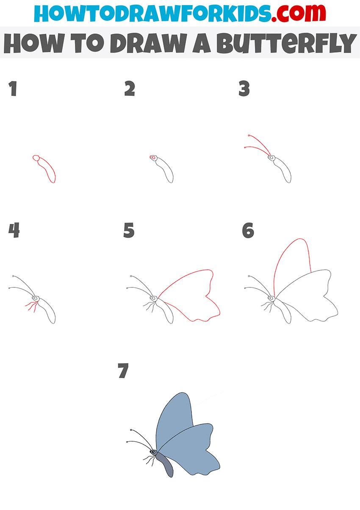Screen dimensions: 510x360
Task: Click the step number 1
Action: (14, 89)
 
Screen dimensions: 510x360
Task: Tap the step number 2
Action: (129, 89)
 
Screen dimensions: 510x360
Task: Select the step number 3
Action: (244, 89)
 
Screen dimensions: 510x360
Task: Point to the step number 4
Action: (14, 231)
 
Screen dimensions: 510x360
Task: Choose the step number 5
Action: (129, 231)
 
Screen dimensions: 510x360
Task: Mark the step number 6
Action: (248, 231)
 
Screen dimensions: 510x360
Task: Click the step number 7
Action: (123, 371)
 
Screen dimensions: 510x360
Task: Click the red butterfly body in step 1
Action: (47, 170)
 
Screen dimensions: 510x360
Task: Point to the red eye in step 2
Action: (151, 158)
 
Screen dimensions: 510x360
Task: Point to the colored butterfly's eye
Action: (153, 452)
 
